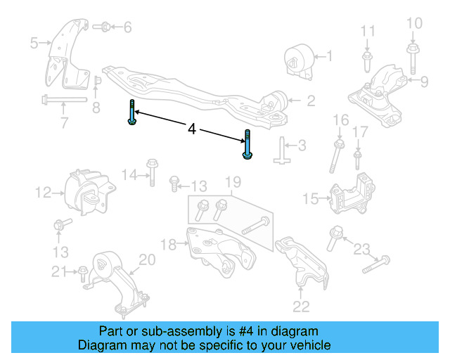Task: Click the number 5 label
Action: click(34, 44)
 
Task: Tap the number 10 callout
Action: click(415, 25)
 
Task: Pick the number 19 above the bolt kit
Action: click(233, 184)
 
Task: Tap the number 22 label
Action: click(301, 306)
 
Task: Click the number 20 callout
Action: click(146, 260)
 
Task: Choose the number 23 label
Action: click(361, 248)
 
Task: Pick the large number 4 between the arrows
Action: click(192, 129)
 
